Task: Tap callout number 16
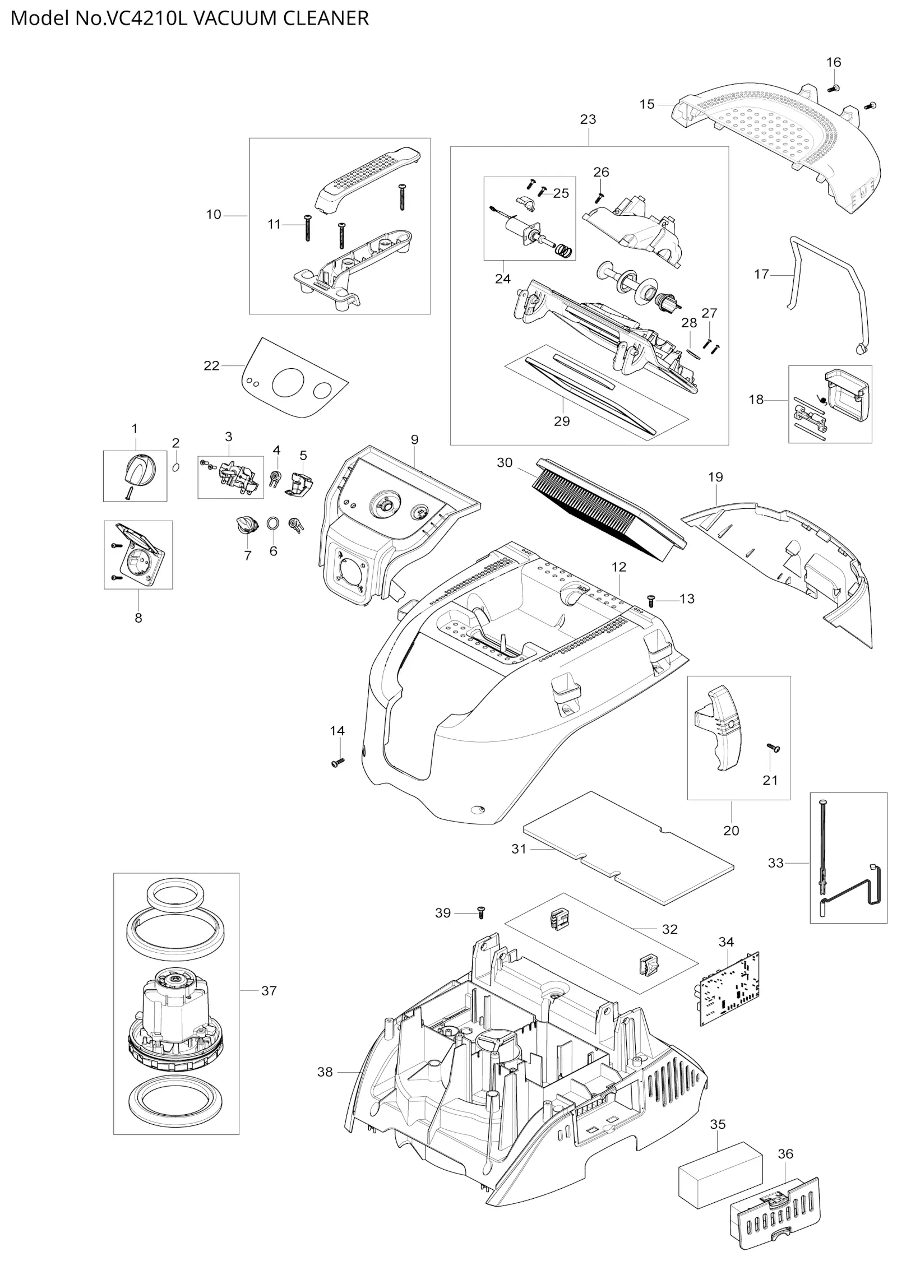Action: pos(834,62)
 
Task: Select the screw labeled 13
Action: pos(651,600)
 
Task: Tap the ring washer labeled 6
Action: pos(273,523)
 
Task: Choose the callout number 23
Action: pos(588,119)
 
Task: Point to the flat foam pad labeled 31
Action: pos(628,847)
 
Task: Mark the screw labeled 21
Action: pos(773,747)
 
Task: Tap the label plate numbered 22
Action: pos(294,378)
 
